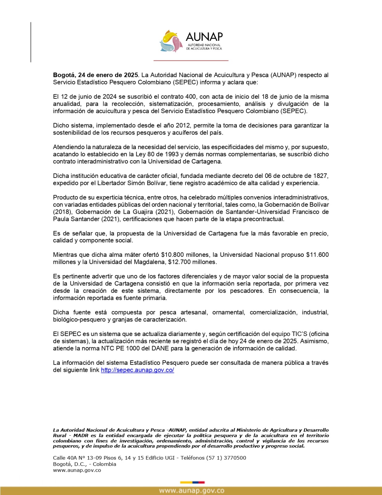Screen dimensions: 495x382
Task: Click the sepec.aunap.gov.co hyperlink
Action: pyautogui.click(x=138, y=370)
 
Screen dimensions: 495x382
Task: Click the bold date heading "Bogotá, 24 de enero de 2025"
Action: pyautogui.click(x=96, y=75)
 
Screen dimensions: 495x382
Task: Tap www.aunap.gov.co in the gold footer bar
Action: pyautogui.click(x=191, y=491)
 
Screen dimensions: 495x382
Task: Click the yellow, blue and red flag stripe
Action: pyautogui.click(x=192, y=482)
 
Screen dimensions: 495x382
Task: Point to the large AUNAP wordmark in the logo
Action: pyautogui.click(x=204, y=37)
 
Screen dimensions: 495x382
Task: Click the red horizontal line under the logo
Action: pyautogui.click(x=191, y=60)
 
